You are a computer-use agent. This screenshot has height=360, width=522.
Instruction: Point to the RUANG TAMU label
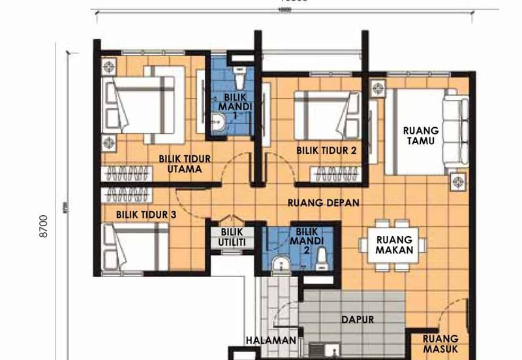point(421,135)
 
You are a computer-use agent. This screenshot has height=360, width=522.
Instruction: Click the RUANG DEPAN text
point(324,203)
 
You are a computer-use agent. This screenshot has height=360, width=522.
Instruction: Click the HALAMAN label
point(271,340)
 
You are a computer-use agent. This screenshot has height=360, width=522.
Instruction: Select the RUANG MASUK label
point(440,344)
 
